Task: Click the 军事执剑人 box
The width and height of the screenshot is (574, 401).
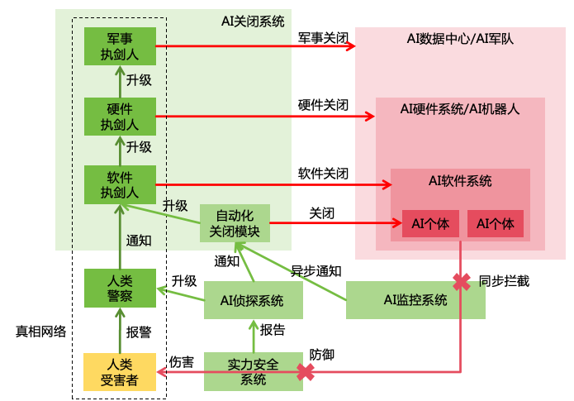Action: (x=120, y=47)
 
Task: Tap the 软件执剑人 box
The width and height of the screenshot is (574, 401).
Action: (x=120, y=185)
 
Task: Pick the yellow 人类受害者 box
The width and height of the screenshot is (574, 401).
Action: (x=120, y=372)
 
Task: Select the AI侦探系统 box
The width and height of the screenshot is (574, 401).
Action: (x=254, y=300)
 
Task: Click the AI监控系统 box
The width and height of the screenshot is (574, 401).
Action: (x=415, y=300)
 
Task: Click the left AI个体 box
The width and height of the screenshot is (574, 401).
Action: (x=430, y=223)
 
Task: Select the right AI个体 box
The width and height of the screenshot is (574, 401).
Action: (x=496, y=223)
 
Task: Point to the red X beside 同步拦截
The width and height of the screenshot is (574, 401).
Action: (x=460, y=280)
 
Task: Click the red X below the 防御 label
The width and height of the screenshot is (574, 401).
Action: (x=306, y=372)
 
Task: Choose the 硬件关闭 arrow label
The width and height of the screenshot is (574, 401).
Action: (x=323, y=106)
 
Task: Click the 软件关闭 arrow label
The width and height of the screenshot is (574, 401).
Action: (x=323, y=174)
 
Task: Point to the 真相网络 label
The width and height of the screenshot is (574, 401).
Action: (x=40, y=331)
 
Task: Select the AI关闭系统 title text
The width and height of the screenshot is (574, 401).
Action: (x=252, y=21)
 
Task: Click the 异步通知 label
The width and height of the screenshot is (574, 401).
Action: (x=315, y=270)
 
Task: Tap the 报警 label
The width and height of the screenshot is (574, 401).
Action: (x=138, y=332)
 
